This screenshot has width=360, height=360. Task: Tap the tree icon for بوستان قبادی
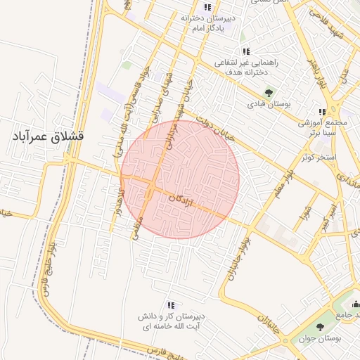(x=268, y=91)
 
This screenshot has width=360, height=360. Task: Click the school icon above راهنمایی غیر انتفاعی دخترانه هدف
(x=245, y=51)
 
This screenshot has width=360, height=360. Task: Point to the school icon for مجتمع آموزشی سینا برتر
(x=321, y=112)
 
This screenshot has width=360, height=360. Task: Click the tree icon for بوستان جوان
(x=321, y=326)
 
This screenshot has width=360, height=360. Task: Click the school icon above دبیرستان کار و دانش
(x=170, y=305)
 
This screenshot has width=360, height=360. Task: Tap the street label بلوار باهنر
(x=313, y=74)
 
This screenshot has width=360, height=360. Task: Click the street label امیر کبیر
(x=328, y=218)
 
